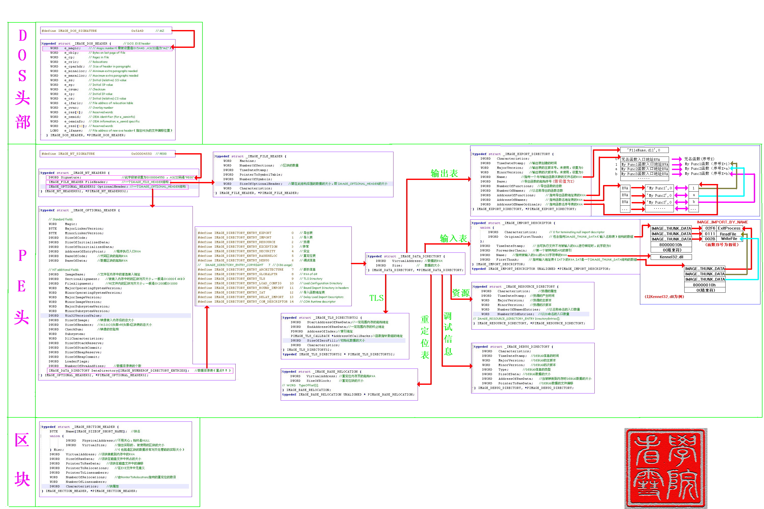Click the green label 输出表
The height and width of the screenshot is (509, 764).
tap(444, 173)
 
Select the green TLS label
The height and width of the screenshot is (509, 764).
tap(376, 298)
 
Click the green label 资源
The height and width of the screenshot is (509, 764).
tap(461, 293)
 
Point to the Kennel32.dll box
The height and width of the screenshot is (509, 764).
tap(671, 257)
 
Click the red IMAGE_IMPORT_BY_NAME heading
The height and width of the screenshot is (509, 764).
tap(722, 222)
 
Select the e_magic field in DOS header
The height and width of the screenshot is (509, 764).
tap(72, 48)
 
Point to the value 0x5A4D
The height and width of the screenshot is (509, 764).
tap(138, 31)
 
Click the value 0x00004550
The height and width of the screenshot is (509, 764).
tap(141, 154)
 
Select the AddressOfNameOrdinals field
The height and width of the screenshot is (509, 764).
tap(519, 205)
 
